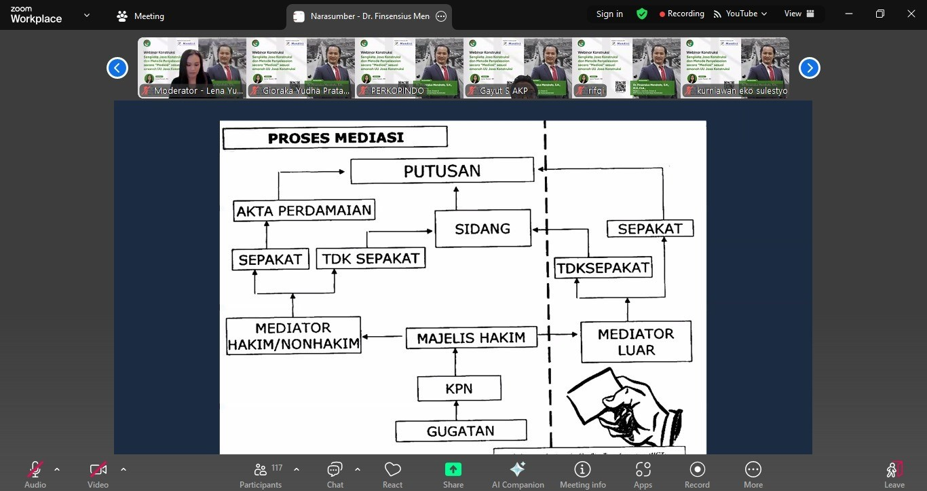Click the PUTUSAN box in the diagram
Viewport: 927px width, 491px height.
pyautogui.click(x=442, y=171)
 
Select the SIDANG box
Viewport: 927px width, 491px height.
pyautogui.click(x=483, y=229)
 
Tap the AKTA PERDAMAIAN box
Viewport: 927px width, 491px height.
pyautogui.click(x=304, y=211)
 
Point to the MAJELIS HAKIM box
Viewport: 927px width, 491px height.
pyautogui.click(x=471, y=338)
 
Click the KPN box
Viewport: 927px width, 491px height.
pyautogui.click(x=459, y=389)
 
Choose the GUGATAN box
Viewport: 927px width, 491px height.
pyautogui.click(x=460, y=431)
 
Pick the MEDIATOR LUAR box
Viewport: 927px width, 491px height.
pyautogui.click(x=636, y=342)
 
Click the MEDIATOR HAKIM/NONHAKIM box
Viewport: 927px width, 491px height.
pyautogui.click(x=293, y=335)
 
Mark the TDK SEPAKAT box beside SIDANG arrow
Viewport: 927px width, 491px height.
pyautogui.click(x=371, y=259)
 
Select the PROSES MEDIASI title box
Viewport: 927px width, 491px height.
pyautogui.click(x=335, y=138)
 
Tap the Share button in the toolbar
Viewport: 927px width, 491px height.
pyautogui.click(x=453, y=474)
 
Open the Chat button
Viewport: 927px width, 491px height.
pyautogui.click(x=335, y=474)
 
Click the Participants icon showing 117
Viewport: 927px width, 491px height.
pyautogui.click(x=261, y=474)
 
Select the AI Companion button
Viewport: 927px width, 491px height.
pyautogui.click(x=518, y=474)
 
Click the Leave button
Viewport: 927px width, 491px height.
pyautogui.click(x=894, y=474)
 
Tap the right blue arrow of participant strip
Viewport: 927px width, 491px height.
pyautogui.click(x=809, y=68)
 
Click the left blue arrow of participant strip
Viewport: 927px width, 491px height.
pyautogui.click(x=117, y=68)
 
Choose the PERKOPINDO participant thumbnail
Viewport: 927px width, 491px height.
pyautogui.click(x=409, y=68)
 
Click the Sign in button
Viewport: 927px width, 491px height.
pyautogui.click(x=609, y=14)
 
